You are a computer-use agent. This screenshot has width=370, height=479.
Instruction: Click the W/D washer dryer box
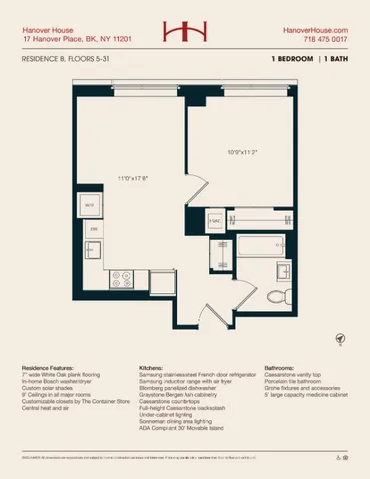[x=90, y=206]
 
